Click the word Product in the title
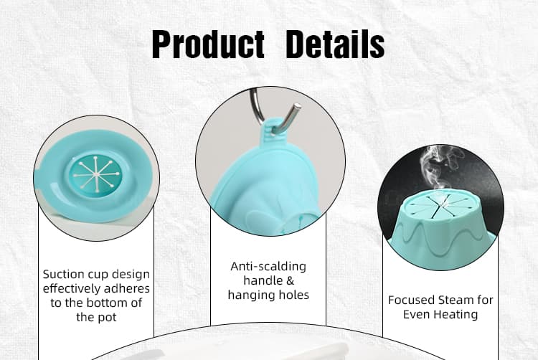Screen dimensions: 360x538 [x=207, y=44]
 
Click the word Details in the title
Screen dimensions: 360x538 [x=335, y=44]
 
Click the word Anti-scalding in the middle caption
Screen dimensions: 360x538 [x=268, y=266]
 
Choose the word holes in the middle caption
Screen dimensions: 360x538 [x=294, y=295]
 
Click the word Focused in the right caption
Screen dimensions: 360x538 [x=411, y=300]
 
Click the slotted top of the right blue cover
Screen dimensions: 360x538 [x=438, y=207]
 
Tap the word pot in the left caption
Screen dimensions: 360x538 [x=105, y=317]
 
